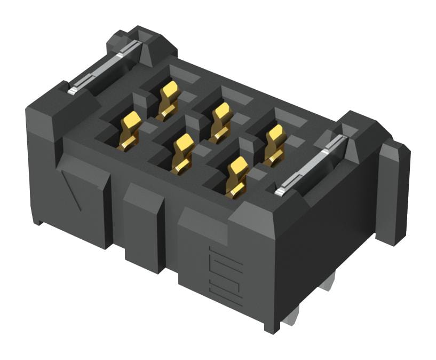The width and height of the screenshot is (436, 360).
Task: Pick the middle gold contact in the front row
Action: pos(182,153)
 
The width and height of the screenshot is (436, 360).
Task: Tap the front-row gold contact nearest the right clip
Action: pos(236,176)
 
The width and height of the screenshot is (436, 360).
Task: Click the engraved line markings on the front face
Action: pos(227,276)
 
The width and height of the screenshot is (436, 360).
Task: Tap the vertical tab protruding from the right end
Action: pos(395,192)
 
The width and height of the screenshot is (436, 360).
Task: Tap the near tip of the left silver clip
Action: pos(73,89)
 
